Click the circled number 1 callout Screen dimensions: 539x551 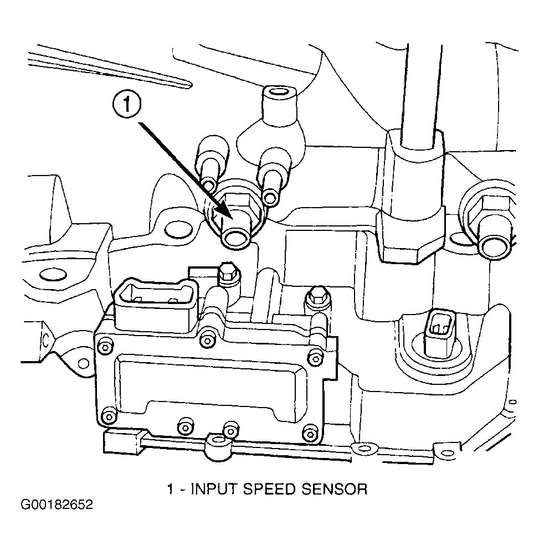(x=126, y=104)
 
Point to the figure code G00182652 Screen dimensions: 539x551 (x=57, y=505)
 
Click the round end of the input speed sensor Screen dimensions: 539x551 (x=235, y=238)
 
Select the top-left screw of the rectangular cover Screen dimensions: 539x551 (x=105, y=347)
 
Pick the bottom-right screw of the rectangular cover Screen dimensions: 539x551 (x=310, y=435)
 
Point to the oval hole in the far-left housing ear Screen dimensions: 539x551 (x=53, y=274)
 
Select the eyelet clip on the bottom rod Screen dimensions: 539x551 (x=219, y=444)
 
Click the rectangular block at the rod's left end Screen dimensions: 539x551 (x=123, y=442)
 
